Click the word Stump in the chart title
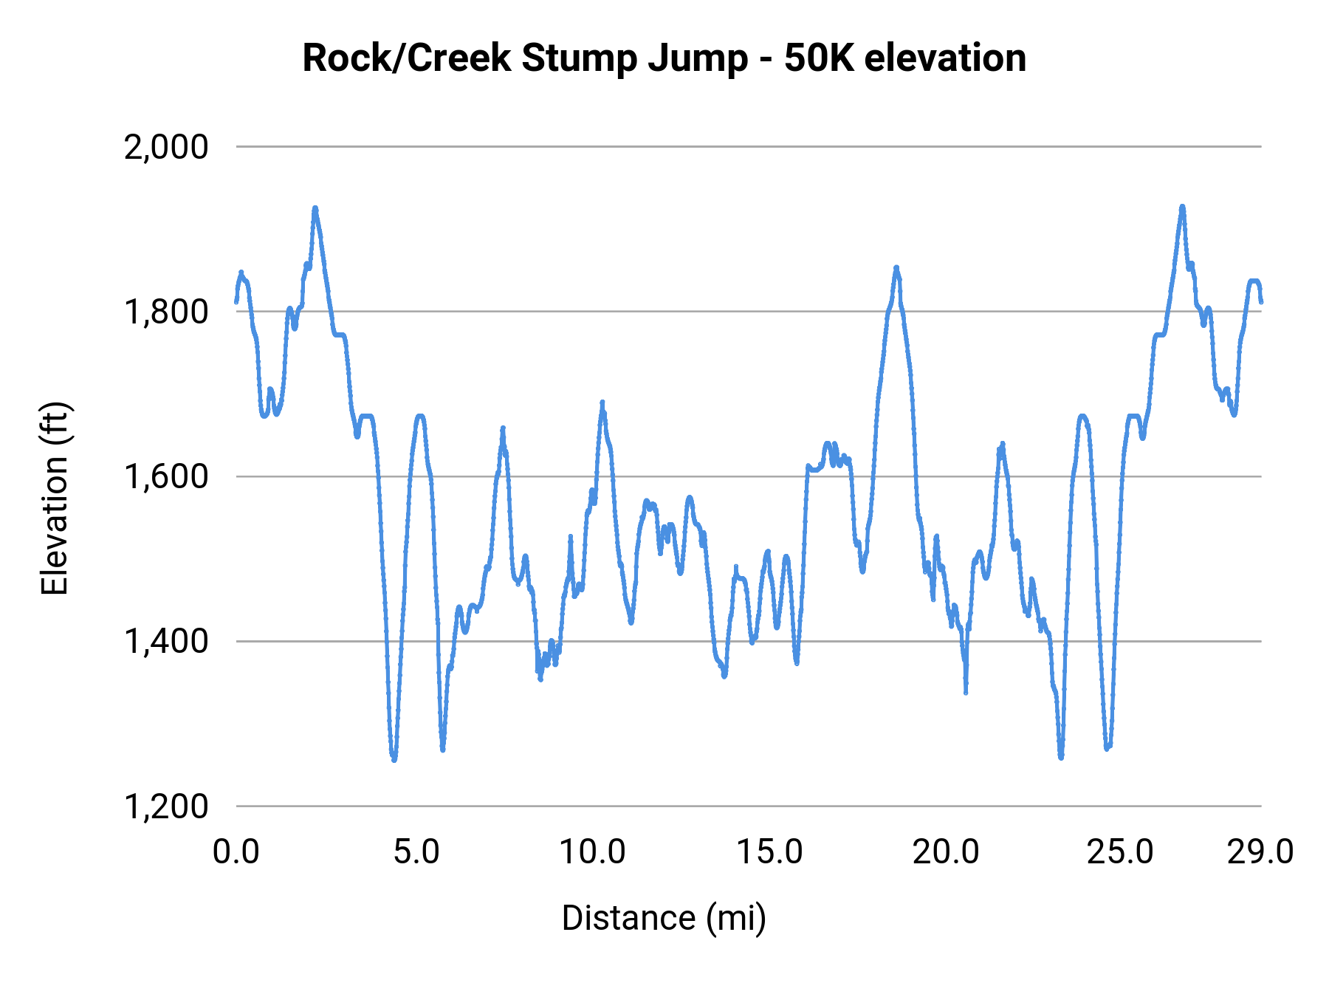pos(578,59)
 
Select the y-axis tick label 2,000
pos(166,147)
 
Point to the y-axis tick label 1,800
pos(166,312)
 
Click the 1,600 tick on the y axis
pos(166,476)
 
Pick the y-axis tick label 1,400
pos(166,641)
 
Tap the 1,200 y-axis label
pos(166,806)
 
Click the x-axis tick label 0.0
pos(236,852)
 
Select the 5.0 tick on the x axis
pos(416,852)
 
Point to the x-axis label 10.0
pos(592,852)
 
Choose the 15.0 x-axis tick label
pos(770,852)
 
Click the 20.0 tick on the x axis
pos(946,852)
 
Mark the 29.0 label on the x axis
pos(1260,852)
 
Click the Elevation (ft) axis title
pos(55,498)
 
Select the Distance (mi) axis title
pos(664,918)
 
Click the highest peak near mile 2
pos(315,208)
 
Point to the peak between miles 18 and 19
pos(896,267)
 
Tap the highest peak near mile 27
pos(1182,207)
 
